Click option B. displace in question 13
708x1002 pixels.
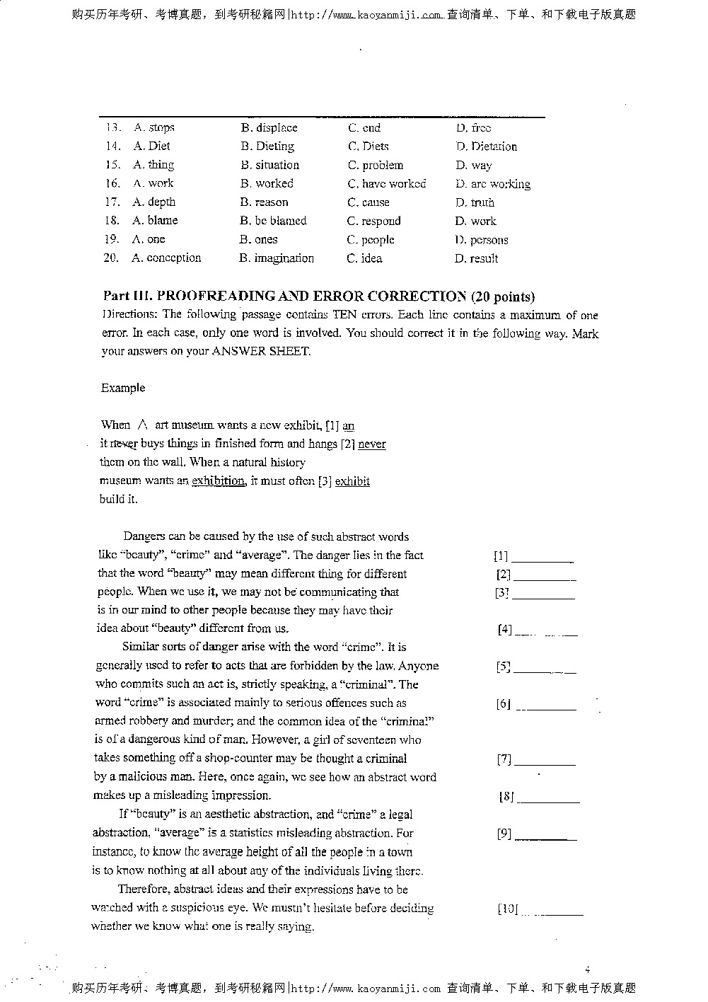[269, 128]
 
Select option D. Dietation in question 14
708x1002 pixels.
[487, 146]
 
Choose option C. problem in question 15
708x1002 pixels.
[375, 166]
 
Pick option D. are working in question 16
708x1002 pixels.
[493, 184]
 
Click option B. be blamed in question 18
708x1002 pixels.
[273, 221]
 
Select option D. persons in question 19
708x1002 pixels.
[481, 240]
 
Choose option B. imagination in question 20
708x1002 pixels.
[277, 258]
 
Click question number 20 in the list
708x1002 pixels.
[110, 258]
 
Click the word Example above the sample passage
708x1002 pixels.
[123, 388]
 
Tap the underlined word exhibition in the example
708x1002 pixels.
[218, 481]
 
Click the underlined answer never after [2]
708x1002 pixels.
[372, 444]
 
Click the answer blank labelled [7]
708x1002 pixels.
[545, 760]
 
